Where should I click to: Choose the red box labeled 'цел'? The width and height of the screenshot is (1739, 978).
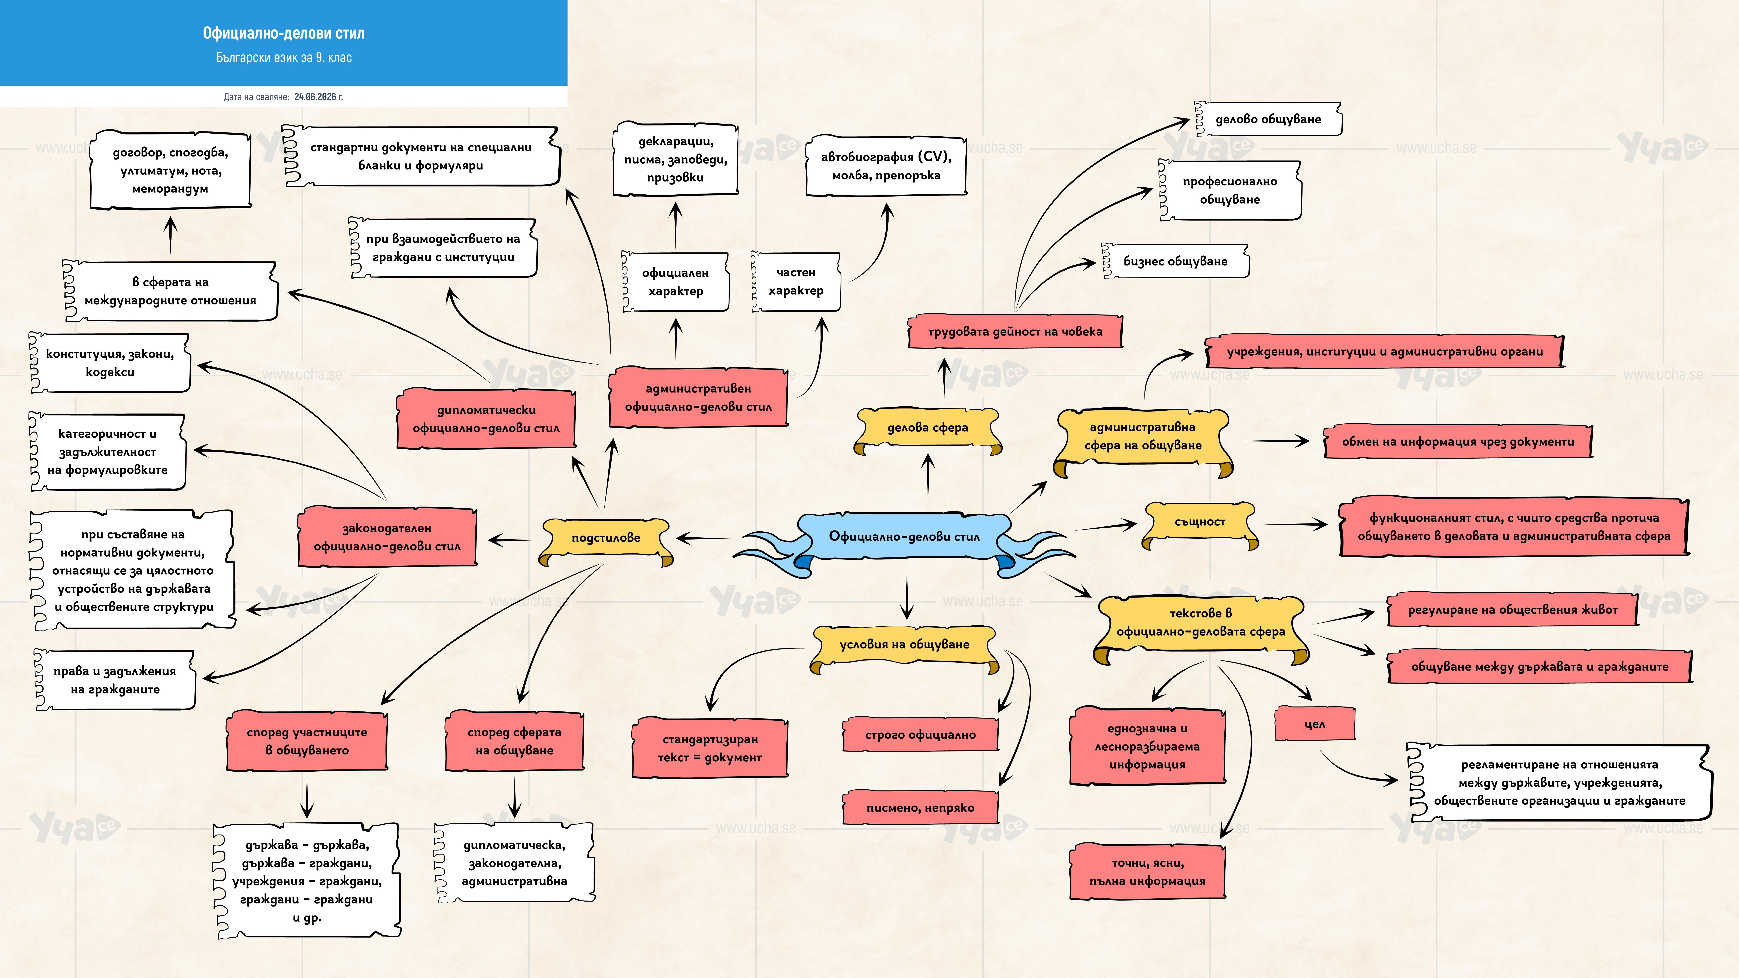pos(1314,724)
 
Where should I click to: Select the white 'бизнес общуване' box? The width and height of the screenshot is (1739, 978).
pos(1175,261)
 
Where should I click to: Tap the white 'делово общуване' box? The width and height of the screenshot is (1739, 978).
pos(1268,119)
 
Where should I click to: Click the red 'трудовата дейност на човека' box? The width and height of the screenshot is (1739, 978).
pos(1015,331)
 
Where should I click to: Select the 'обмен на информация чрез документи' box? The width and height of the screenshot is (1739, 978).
pos(1458,442)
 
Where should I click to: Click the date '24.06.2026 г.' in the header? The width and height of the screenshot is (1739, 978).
pos(319,97)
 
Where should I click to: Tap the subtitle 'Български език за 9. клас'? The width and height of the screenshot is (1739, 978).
pos(284,57)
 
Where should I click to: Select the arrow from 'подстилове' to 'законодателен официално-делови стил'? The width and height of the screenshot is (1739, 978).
pos(512,540)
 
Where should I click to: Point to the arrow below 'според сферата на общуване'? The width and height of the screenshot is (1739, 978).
pos(514,797)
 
